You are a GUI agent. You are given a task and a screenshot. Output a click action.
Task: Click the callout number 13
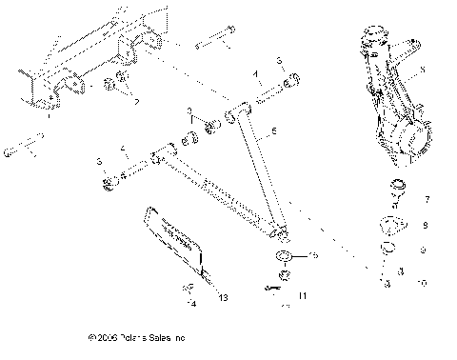223,298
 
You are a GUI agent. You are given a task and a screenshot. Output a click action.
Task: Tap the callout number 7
426,200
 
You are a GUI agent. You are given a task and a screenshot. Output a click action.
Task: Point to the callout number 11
303,297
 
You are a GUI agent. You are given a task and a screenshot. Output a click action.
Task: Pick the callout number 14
191,305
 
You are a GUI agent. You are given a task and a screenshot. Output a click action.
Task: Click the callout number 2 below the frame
136,101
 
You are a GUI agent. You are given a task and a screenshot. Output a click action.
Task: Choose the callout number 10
425,283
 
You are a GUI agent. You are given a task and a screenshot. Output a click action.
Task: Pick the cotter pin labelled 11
275,287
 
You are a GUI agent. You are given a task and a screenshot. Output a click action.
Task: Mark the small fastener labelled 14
189,290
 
